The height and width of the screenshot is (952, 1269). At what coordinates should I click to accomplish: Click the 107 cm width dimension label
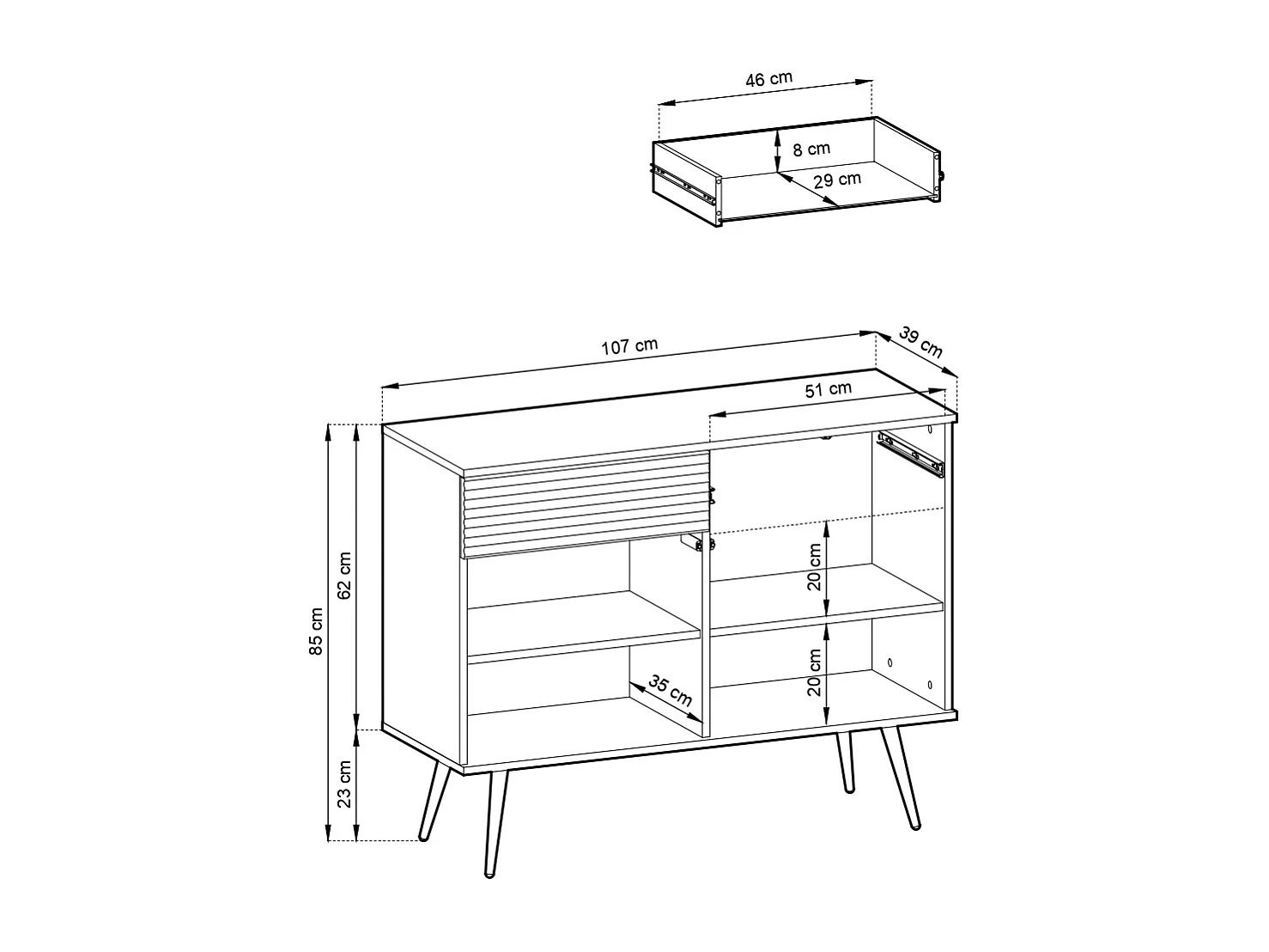coord(629,346)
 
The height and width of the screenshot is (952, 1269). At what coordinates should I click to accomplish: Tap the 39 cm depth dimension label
coord(921,342)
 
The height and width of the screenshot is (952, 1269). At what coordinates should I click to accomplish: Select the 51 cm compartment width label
coord(829,388)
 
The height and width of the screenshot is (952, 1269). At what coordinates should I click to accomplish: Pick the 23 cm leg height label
coord(345,784)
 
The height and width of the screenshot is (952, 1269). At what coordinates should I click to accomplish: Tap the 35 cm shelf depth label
coord(671,690)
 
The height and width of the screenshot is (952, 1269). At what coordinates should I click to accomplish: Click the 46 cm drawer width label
coord(768,79)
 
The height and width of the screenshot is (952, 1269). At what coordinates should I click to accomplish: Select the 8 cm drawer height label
coord(811,149)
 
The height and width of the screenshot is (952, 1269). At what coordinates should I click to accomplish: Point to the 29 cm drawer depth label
coord(837,180)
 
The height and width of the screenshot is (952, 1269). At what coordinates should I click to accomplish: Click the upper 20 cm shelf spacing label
coord(815,566)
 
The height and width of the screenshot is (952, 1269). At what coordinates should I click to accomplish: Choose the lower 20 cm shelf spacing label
coord(815,672)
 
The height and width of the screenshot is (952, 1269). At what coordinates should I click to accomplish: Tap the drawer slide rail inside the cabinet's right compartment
coord(910,453)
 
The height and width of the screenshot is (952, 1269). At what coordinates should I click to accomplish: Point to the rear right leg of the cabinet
coord(845,762)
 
